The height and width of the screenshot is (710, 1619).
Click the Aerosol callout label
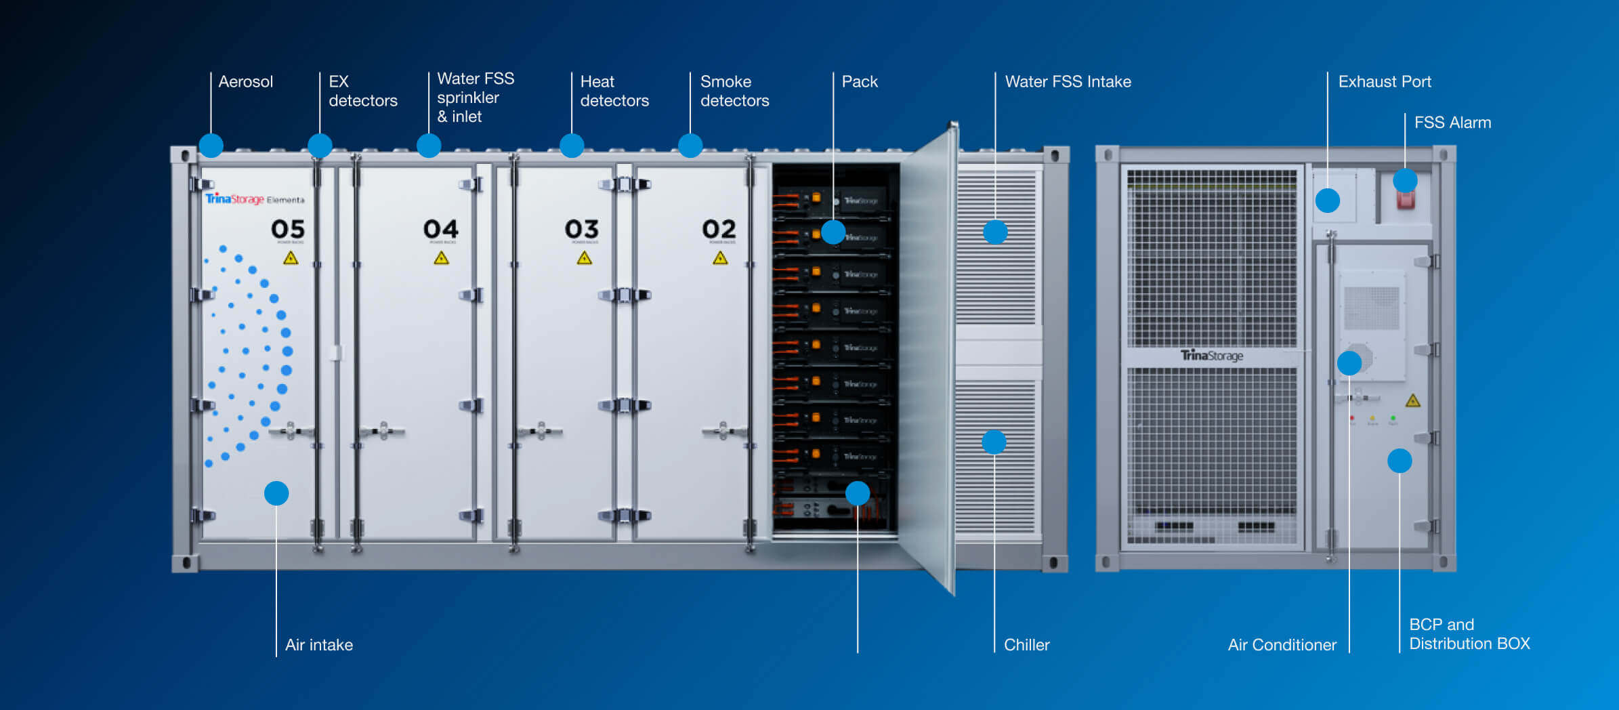point(245,82)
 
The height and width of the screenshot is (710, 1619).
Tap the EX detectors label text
point(362,91)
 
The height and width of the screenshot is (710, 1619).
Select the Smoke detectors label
point(734,91)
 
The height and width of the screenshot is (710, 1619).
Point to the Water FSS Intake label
point(1068,82)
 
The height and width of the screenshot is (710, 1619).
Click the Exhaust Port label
point(1384,82)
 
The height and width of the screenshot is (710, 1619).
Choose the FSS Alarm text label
point(1452,123)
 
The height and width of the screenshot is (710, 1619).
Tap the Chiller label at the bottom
point(1026,644)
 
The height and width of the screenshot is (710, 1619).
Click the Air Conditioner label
point(1282,644)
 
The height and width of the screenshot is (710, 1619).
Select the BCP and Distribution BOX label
point(1469,634)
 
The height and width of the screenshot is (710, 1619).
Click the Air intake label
point(318,644)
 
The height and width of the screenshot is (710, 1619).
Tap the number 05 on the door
point(288,229)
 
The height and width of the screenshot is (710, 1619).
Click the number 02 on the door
point(719,229)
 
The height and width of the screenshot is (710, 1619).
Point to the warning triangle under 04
point(441,257)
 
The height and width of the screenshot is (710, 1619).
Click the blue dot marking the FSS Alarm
point(1405,181)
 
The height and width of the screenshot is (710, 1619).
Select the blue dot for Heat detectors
point(572,146)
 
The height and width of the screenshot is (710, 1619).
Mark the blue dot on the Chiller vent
point(994,442)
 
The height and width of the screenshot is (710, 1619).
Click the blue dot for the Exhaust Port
point(1328,201)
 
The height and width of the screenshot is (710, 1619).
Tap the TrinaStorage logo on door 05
point(234,199)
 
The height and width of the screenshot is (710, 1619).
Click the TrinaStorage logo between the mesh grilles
point(1211,356)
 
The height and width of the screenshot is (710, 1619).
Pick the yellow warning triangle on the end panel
point(1412,400)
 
